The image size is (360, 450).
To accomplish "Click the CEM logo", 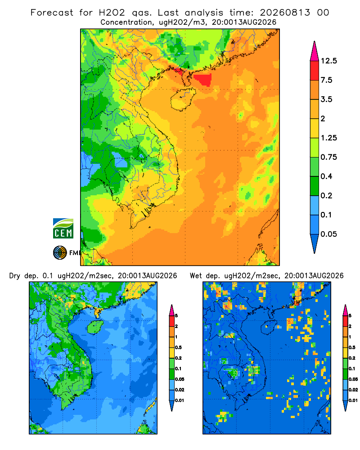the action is [63, 229].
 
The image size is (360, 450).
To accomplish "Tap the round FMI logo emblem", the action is [60, 252].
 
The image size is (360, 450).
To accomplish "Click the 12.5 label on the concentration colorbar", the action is [328, 61].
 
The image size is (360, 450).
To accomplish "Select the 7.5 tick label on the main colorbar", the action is [326, 80].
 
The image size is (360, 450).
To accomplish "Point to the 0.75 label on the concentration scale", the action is [328, 157].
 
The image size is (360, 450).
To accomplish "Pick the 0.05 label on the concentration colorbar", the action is [328, 234].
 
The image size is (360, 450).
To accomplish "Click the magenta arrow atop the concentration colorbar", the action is [315, 51].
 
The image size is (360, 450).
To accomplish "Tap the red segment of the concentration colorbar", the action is [315, 71].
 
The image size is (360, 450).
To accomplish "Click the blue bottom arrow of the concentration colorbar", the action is [315, 244].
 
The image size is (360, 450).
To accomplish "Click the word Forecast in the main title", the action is [52, 13].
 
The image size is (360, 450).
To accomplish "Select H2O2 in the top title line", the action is [112, 13].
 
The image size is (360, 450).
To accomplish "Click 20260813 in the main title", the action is [285, 13].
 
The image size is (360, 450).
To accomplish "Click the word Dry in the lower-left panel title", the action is [15, 276].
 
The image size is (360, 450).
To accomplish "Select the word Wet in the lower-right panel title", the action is [196, 276].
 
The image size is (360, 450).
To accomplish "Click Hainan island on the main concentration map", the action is [183, 99].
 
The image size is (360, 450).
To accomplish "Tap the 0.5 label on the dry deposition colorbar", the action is [178, 347].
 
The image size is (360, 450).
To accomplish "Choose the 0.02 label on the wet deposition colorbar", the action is [353, 390].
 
